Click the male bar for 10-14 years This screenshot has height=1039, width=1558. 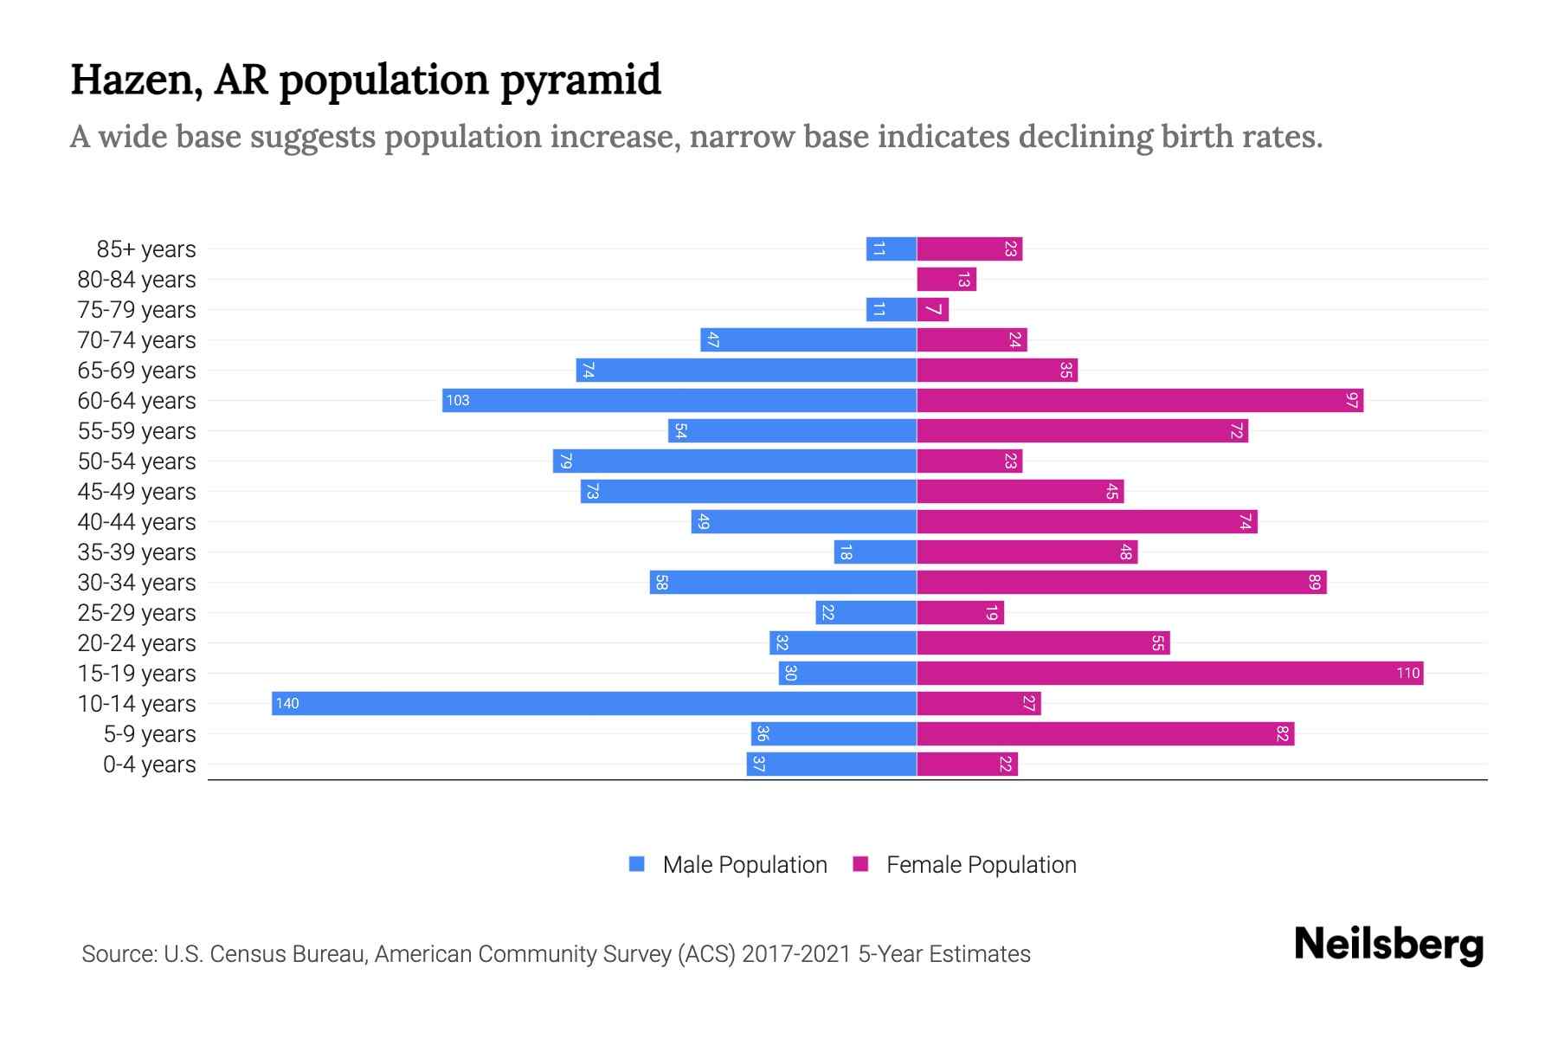point(594,703)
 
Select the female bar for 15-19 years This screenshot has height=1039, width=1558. point(1170,673)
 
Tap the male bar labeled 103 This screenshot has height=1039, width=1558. point(679,400)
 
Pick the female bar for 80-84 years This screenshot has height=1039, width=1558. point(946,279)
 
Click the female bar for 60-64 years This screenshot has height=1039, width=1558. point(1140,400)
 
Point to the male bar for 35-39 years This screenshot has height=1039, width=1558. point(875,552)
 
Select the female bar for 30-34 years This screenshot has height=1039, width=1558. point(1122,582)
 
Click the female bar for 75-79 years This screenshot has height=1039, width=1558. point(933,309)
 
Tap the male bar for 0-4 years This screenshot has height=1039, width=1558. point(832,764)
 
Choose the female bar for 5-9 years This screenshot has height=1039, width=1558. point(1105,733)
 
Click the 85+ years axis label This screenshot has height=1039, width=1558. point(146,249)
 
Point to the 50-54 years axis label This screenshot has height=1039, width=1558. point(137,461)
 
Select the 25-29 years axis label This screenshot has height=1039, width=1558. point(137,613)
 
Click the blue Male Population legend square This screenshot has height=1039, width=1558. point(637,864)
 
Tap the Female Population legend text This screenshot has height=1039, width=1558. point(981,864)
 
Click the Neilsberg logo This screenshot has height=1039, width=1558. point(1388,945)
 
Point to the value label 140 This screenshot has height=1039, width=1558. point(287,703)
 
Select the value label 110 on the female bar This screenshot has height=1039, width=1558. point(1407,673)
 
